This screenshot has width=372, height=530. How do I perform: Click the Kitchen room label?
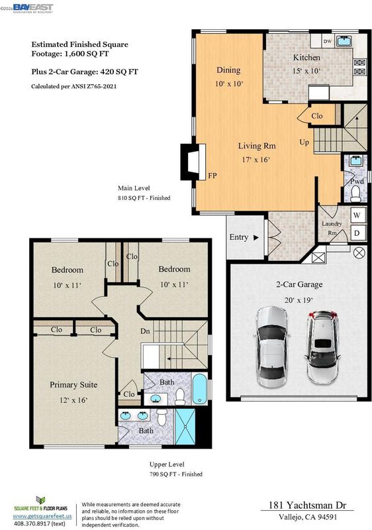click(x=306, y=58)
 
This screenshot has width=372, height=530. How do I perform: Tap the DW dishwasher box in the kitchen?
click(x=328, y=41)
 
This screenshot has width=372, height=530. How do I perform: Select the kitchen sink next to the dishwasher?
click(x=344, y=41)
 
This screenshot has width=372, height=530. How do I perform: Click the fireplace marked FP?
click(x=193, y=162)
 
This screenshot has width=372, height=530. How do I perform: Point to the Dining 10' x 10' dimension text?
click(x=229, y=83)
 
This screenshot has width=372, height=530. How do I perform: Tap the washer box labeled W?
click(x=357, y=215)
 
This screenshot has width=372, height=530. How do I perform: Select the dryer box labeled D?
click(x=357, y=233)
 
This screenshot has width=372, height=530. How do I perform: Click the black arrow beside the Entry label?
click(x=256, y=238)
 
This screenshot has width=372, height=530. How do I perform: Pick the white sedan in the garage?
click(x=272, y=346)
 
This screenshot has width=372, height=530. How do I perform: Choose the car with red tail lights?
click(x=322, y=347)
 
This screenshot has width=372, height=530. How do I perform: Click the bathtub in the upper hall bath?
click(x=199, y=389)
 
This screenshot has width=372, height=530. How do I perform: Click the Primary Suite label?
click(x=73, y=385)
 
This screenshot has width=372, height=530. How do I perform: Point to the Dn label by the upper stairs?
click(x=145, y=331)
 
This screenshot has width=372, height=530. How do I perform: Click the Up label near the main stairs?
click(x=304, y=142)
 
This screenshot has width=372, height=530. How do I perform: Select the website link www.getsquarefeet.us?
click(x=42, y=516)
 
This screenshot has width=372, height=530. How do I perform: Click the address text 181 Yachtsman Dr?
click(x=307, y=505)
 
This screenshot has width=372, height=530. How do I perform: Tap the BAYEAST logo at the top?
click(x=33, y=8)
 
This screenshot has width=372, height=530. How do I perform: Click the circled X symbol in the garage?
click(x=359, y=253)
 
